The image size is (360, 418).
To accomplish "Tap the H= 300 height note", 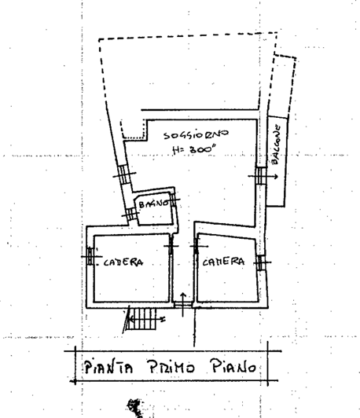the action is (x=194, y=150).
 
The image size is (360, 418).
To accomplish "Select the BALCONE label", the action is (x=275, y=145).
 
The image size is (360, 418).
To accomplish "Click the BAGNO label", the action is (x=154, y=204).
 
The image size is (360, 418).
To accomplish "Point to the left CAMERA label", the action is (x=123, y=262).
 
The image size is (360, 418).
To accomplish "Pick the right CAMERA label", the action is (x=223, y=262).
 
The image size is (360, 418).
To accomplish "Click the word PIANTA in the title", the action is (x=108, y=368).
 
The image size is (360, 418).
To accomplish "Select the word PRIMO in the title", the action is (x=171, y=366).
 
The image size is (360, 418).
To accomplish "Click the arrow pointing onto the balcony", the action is (x=263, y=176).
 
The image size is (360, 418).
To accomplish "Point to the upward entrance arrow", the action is (x=183, y=304).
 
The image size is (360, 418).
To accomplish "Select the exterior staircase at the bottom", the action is (x=141, y=319).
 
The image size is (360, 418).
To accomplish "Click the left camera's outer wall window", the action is (x=90, y=256).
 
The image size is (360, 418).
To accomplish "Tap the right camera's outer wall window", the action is (x=261, y=262).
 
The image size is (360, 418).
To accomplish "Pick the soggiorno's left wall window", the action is (x=124, y=174).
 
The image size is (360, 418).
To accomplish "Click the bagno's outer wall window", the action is (x=131, y=214).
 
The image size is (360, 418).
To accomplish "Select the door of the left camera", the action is (x=171, y=246).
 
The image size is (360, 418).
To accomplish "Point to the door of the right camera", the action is (x=197, y=246).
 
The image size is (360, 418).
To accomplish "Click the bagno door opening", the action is (x=174, y=199).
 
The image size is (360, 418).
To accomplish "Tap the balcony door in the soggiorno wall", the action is (x=261, y=176).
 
